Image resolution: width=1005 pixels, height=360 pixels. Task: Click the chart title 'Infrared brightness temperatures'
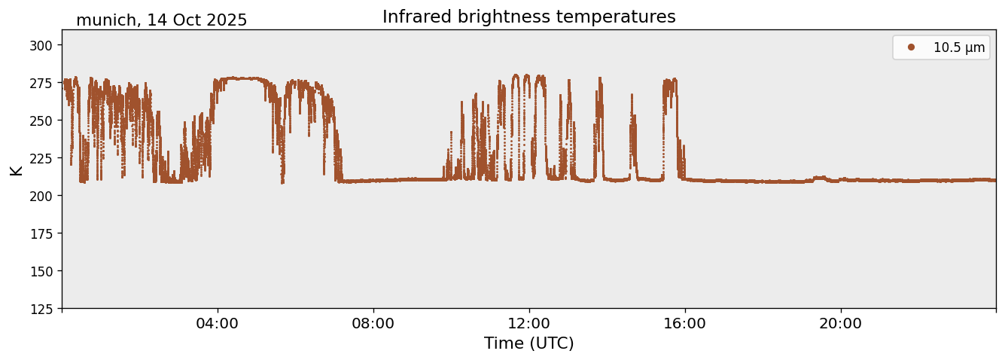(x=528, y=17)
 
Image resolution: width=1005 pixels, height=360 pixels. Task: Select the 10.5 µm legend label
(x=958, y=47)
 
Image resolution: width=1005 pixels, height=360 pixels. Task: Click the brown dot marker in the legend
(x=911, y=47)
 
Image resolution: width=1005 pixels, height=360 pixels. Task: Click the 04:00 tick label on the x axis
(x=218, y=324)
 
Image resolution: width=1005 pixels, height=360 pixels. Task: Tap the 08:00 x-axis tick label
(x=373, y=324)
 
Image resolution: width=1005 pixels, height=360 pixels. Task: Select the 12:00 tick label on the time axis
(x=529, y=324)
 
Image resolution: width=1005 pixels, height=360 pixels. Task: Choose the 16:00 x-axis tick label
(x=685, y=324)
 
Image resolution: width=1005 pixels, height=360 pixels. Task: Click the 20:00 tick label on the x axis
(x=841, y=324)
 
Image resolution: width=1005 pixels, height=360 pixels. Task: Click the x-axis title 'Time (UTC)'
(x=528, y=343)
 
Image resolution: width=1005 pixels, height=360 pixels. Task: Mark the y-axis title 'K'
(x=17, y=169)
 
